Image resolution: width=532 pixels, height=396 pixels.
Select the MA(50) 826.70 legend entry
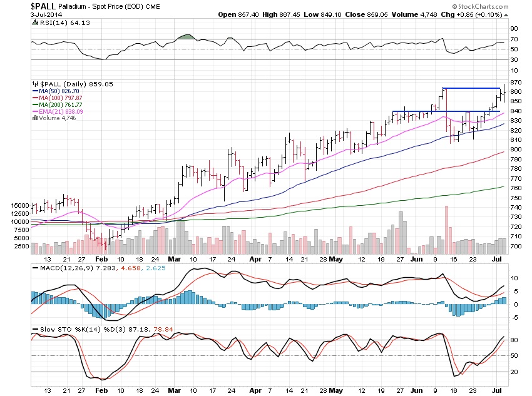click(x=58, y=91)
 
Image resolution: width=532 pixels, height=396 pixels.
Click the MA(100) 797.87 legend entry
click(x=59, y=98)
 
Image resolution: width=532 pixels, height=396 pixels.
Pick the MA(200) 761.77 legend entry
click(x=59, y=104)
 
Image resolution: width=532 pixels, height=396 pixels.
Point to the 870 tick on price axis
click(x=516, y=83)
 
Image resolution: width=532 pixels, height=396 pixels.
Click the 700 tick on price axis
click(x=516, y=246)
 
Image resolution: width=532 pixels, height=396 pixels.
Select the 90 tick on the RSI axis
click(x=513, y=29)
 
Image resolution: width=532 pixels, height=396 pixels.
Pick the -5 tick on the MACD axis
click(x=513, y=317)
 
